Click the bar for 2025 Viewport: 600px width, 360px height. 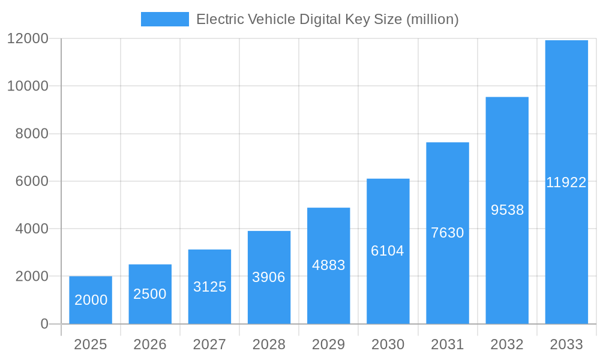(x=91, y=300)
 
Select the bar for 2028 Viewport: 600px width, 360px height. (x=269, y=277)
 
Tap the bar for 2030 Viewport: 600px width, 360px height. (x=388, y=251)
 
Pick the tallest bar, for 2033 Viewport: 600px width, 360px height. (x=566, y=182)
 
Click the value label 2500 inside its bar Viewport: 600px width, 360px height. (x=150, y=294)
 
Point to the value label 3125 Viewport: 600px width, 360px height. (x=209, y=287)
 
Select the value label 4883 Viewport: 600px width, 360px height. (x=328, y=265)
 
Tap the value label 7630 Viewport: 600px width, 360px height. (x=448, y=233)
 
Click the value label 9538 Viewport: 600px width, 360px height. (x=507, y=210)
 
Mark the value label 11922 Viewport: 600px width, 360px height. (x=566, y=183)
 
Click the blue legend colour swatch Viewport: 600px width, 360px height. (x=164, y=19)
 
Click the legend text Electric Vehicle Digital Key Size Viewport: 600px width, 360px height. (x=328, y=19)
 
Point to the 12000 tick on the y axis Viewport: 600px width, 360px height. (x=28, y=38)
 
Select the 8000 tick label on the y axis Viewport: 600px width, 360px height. (x=31, y=134)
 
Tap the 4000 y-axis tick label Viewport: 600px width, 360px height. (x=31, y=229)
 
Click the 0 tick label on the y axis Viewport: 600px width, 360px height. (x=44, y=324)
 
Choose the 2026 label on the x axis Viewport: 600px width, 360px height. (x=150, y=344)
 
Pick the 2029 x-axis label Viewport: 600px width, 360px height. (x=328, y=344)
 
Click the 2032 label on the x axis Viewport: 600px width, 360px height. (x=507, y=344)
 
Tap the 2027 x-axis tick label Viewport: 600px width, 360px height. (x=209, y=344)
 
